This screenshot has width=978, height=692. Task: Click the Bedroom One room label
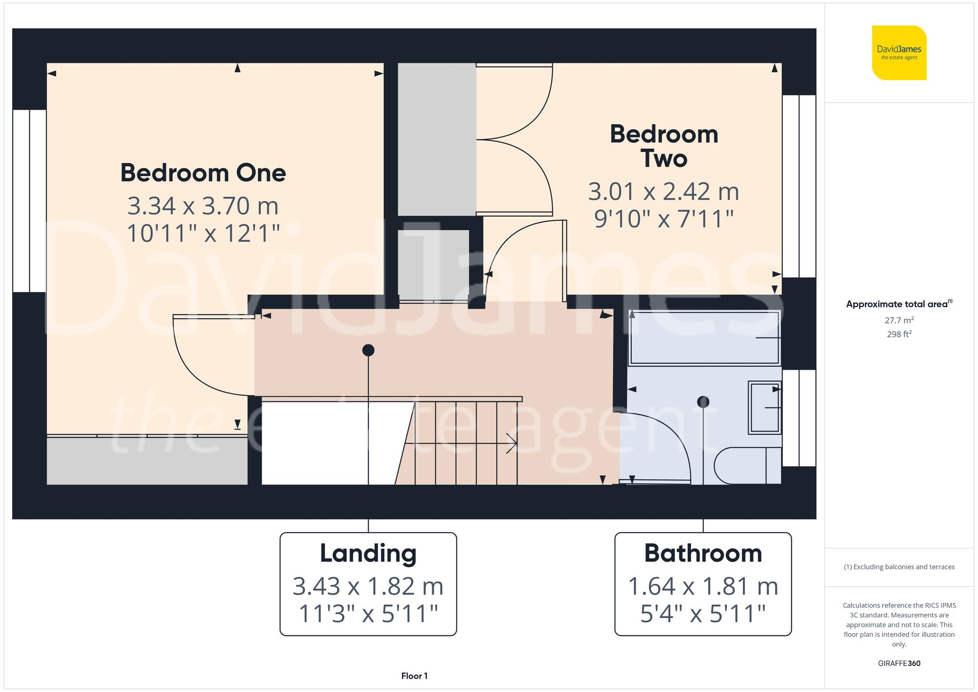coord(203,173)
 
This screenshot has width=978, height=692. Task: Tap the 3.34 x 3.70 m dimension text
coord(203,206)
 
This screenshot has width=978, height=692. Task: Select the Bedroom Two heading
coord(664,146)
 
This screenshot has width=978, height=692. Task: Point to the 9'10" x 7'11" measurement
coord(664,219)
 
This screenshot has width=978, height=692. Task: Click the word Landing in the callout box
coord(368,554)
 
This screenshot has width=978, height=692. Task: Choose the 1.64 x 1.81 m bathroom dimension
coord(703,586)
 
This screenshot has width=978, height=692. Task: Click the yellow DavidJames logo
coord(899,52)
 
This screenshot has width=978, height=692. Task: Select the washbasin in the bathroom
coord(764,408)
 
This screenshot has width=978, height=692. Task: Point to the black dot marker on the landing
coord(368,350)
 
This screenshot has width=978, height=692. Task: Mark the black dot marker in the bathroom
coord(703,402)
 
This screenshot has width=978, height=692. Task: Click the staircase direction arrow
coord(511,444)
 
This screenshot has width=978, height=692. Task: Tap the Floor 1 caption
coord(414,676)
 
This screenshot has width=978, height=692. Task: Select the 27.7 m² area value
coord(899,320)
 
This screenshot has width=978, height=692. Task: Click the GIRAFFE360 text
coord(899,664)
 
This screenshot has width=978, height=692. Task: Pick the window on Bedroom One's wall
coord(29,201)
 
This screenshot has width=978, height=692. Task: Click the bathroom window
coord(799,418)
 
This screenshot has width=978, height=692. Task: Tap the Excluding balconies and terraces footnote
coord(899,567)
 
